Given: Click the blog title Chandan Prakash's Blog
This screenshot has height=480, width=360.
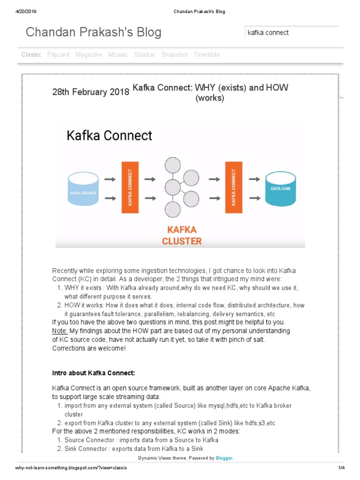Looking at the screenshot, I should click(x=93, y=32).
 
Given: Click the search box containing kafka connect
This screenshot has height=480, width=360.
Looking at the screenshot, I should click(x=291, y=33).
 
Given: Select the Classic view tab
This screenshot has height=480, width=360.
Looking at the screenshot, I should click(x=31, y=54).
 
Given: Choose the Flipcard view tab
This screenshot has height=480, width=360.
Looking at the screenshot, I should click(x=58, y=54).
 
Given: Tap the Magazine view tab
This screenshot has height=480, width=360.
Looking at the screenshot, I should click(x=89, y=54).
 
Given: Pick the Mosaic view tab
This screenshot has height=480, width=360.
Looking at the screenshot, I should click(x=118, y=54).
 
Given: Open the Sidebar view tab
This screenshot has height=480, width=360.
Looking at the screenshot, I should click(x=144, y=54).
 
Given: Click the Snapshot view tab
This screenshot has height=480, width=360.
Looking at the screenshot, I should click(x=174, y=54).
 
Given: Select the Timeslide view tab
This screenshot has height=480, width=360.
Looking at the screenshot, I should click(x=207, y=54).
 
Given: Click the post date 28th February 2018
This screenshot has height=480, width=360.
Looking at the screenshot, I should click(x=90, y=92).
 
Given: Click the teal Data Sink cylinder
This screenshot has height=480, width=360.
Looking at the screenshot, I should click(x=280, y=188).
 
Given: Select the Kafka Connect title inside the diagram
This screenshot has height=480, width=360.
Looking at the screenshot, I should click(x=109, y=135).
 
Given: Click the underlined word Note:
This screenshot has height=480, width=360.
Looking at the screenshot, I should click(x=60, y=331).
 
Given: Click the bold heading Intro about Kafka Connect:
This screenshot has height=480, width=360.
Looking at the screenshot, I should click(x=93, y=373).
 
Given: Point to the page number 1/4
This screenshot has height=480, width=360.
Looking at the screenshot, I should click(x=341, y=468).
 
